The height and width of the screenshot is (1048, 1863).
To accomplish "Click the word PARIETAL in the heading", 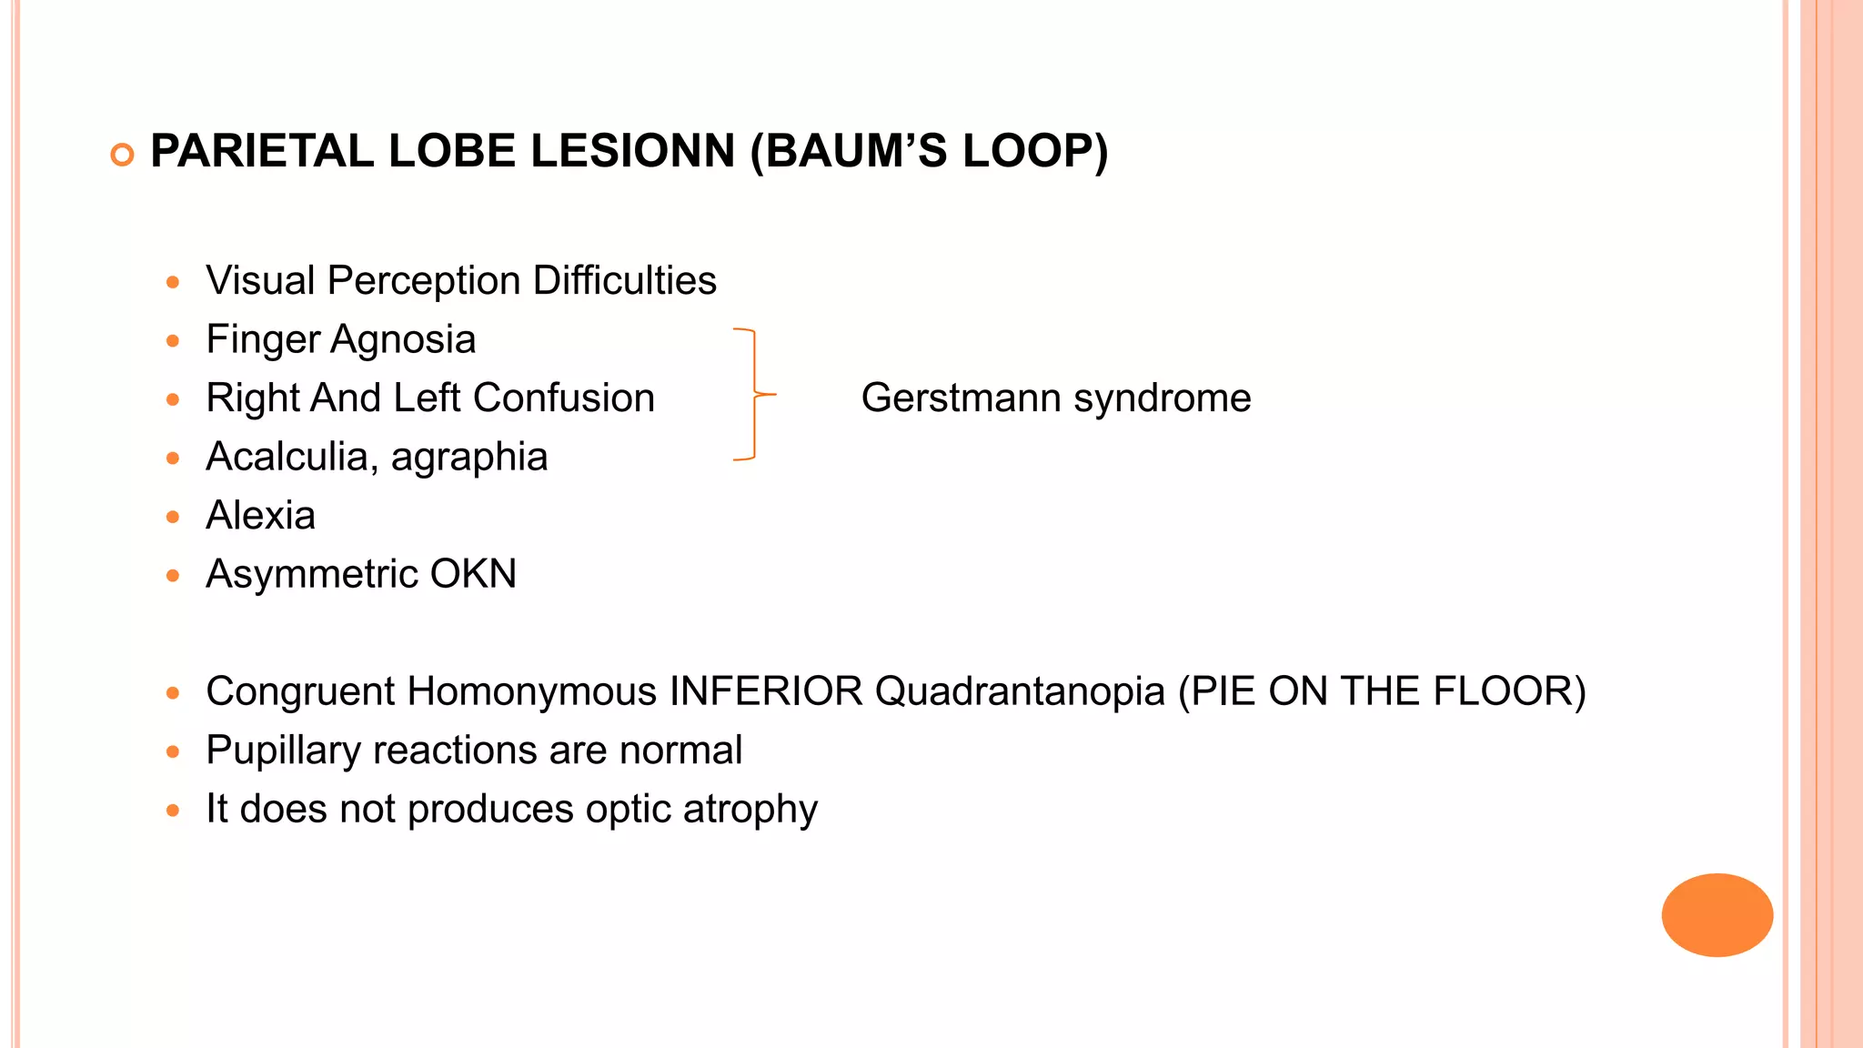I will (261, 151).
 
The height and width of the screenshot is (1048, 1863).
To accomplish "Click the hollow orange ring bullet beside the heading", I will (122, 155).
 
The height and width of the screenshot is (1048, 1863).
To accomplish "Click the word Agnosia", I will (403, 339).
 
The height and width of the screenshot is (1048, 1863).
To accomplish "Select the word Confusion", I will (563, 398).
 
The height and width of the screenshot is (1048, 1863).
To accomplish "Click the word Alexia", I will (260, 516).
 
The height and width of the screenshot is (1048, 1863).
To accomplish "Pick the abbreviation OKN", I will (473, 574).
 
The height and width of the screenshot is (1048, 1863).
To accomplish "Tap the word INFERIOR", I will (766, 691).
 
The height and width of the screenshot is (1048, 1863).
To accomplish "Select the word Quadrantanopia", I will (1020, 691).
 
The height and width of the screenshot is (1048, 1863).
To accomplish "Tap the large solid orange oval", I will (1717, 914).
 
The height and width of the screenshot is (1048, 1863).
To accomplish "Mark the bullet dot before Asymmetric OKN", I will (173, 576).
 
